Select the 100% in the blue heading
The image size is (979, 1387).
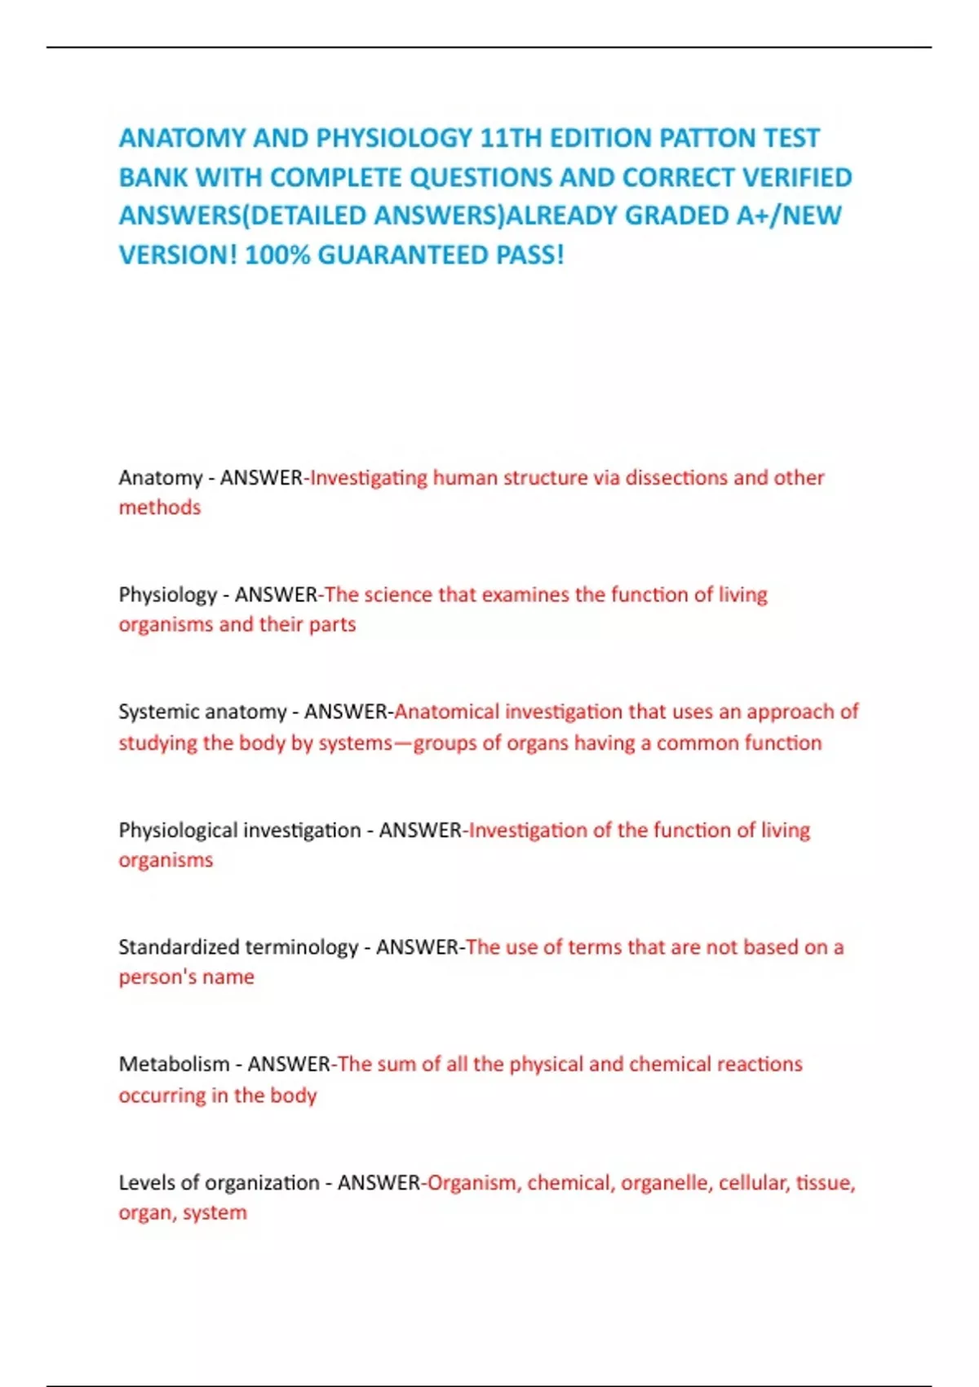(277, 255)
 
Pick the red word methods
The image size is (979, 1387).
(160, 507)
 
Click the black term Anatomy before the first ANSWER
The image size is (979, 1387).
(160, 477)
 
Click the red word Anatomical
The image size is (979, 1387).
(446, 711)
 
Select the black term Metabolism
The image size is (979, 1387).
(174, 1064)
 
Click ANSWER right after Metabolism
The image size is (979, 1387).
(289, 1064)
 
